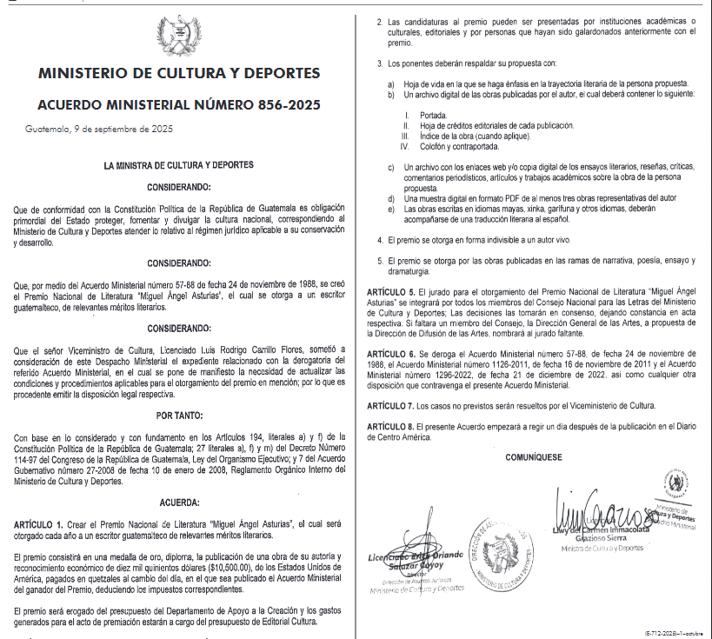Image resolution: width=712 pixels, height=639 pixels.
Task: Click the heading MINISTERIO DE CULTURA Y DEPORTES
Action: pyautogui.click(x=179, y=73)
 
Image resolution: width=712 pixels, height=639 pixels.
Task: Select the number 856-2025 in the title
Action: pyautogui.click(x=285, y=105)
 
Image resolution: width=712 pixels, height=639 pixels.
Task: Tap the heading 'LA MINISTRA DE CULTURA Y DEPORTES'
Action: pyautogui.click(x=178, y=164)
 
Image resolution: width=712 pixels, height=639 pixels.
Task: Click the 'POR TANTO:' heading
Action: pyautogui.click(x=179, y=416)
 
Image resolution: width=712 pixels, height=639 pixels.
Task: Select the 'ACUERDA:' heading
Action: pyautogui.click(x=179, y=503)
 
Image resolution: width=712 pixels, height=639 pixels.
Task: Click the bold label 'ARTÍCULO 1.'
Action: pyautogui.click(x=39, y=525)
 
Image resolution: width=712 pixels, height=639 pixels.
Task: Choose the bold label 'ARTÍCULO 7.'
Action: pyautogui.click(x=391, y=406)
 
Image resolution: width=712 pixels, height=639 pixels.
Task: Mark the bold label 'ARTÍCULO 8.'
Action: pyautogui.click(x=391, y=426)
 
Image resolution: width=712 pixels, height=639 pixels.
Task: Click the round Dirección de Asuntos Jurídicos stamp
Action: pyautogui.click(x=497, y=553)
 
